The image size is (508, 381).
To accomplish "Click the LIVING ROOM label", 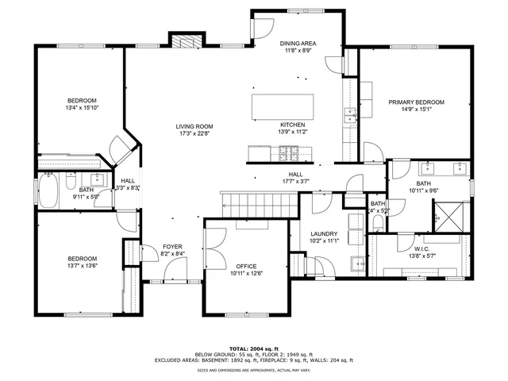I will coord(194,126).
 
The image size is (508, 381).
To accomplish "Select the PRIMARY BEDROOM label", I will coord(416,102).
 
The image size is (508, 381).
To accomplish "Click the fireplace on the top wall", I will coord(184,42).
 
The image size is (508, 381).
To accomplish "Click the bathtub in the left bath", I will coord(48,191).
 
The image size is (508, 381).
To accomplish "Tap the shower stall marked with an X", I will coord(445,214).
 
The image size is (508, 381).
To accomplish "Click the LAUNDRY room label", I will coord(325,233).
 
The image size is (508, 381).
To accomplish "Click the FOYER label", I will coord(173,247).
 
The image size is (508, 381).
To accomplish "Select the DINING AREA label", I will coord(298,43).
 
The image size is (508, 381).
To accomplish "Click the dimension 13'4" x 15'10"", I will coord(82,108).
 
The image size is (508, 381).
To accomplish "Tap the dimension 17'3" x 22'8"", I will coord(194,134).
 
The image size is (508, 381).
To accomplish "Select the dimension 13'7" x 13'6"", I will coord(82,267).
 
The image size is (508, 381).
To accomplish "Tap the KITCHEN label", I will coord(292,125).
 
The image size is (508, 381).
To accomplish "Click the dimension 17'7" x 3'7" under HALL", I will coord(295,181).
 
